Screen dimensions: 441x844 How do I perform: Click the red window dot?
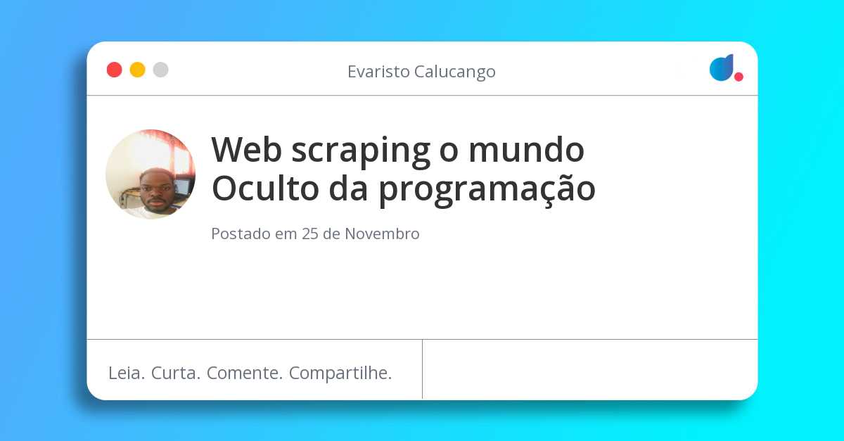[114, 70]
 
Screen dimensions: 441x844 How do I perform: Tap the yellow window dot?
[137, 70]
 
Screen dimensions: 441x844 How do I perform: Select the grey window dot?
[160, 70]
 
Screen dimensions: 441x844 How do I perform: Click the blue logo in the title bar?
[721, 68]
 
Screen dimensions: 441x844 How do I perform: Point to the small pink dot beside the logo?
[738, 77]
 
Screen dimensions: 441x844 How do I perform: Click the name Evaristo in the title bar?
[377, 72]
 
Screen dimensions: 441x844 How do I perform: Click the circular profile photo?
[151, 174]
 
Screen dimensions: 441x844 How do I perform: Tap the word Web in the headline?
[243, 149]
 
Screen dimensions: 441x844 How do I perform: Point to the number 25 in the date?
[310, 234]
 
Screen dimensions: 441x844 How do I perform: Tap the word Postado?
[241, 234]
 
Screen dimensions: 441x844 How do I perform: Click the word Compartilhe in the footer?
[340, 374]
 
